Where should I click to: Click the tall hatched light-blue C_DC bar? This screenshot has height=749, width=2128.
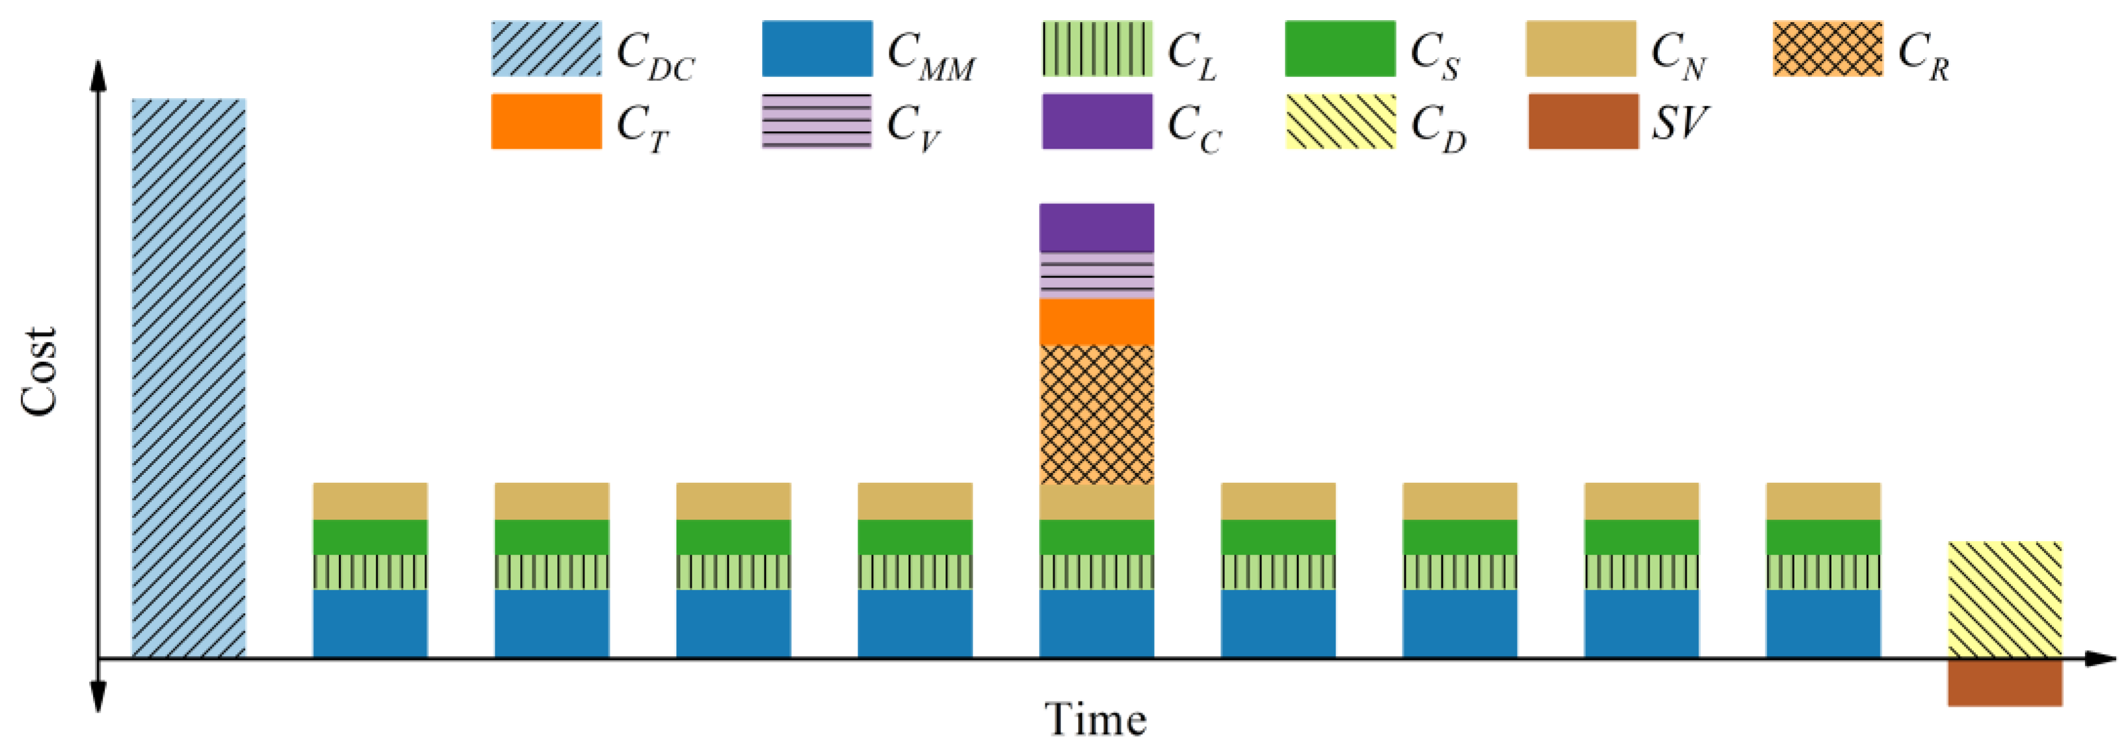click(x=189, y=378)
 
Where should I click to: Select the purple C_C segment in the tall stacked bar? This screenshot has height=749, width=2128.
click(x=1096, y=227)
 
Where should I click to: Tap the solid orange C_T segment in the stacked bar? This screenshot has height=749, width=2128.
click(x=1096, y=322)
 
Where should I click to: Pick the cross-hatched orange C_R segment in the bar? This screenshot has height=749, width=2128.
click(x=1096, y=414)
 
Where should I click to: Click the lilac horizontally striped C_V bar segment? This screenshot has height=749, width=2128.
click(x=1096, y=275)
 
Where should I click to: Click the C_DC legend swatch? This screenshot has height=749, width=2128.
click(x=546, y=49)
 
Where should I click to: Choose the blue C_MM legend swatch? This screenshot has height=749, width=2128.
click(x=817, y=49)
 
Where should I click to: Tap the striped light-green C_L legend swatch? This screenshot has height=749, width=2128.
click(x=1097, y=49)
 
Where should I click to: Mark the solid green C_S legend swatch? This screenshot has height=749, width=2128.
click(x=1340, y=49)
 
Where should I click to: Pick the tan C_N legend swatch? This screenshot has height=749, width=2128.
click(x=1581, y=49)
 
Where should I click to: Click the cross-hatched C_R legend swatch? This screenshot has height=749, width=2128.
click(x=1828, y=49)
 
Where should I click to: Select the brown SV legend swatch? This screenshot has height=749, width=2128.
click(x=1583, y=121)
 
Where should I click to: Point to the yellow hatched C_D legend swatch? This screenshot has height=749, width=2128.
click(x=1340, y=121)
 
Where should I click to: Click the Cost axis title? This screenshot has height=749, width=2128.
click(x=39, y=372)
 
